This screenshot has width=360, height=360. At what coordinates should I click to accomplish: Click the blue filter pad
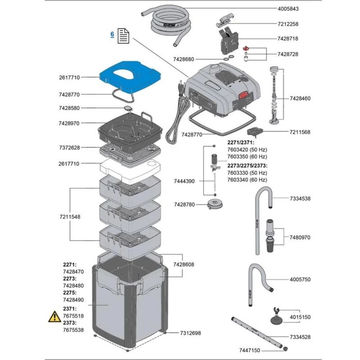point(130,76)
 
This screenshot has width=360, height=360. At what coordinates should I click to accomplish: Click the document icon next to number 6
point(123,36)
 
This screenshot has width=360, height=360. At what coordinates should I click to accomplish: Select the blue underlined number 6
point(112,34)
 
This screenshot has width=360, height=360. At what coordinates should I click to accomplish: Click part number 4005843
point(288,9)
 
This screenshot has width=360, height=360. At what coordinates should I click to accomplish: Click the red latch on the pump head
point(243,95)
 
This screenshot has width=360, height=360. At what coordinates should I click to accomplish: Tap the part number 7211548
point(70,217)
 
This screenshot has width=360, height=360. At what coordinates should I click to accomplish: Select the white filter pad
point(130,171)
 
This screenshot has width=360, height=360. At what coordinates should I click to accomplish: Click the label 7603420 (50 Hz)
point(247,150)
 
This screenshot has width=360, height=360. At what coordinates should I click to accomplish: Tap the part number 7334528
point(300,337)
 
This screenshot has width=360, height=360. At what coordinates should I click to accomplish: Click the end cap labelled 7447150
point(285,349)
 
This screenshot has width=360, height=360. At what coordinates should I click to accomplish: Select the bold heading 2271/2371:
point(241,142)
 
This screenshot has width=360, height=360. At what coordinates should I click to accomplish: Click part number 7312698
point(190,333)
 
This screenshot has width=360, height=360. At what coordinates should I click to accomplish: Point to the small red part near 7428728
point(246,48)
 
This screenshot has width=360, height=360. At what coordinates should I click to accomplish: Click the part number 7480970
point(300,237)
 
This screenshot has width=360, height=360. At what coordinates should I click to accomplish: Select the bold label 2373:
point(70,323)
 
